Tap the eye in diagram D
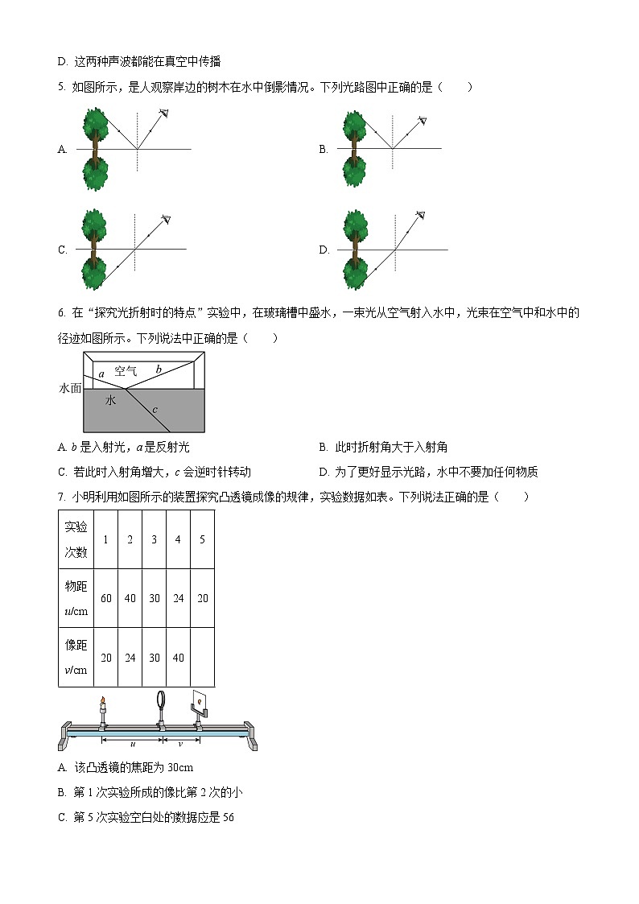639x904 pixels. pyautogui.click(x=421, y=215)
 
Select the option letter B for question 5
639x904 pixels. pyautogui.click(x=323, y=149)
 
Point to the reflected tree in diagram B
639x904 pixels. pyautogui.click(x=353, y=171)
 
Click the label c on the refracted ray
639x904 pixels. pyautogui.click(x=155, y=410)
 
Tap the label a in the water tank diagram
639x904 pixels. pyautogui.click(x=101, y=374)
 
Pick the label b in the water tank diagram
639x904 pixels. pyautogui.click(x=159, y=369)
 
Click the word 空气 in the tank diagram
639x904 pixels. pyautogui.click(x=126, y=371)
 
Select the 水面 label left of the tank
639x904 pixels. pyautogui.click(x=71, y=388)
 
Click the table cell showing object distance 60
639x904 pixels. pyautogui.click(x=106, y=598)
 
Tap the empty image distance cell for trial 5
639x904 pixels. pyautogui.click(x=202, y=658)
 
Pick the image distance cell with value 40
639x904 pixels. pyautogui.click(x=178, y=658)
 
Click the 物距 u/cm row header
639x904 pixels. pyautogui.click(x=76, y=598)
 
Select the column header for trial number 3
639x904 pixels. pyautogui.click(x=154, y=539)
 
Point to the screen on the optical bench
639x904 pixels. pyautogui.click(x=202, y=703)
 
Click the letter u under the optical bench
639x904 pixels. pyautogui.click(x=132, y=744)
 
